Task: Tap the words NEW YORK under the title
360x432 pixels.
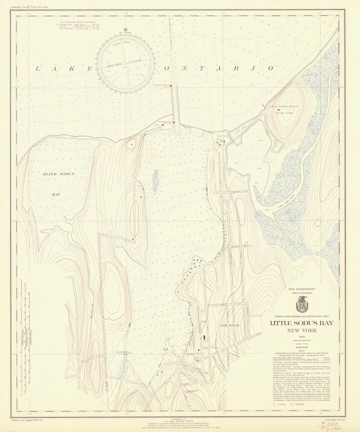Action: (301, 331)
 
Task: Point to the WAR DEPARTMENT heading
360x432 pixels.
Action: (301, 289)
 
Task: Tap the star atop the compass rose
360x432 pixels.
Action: (126, 30)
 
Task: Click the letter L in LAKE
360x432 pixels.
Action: (39, 69)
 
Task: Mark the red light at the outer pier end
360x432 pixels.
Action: (171, 85)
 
